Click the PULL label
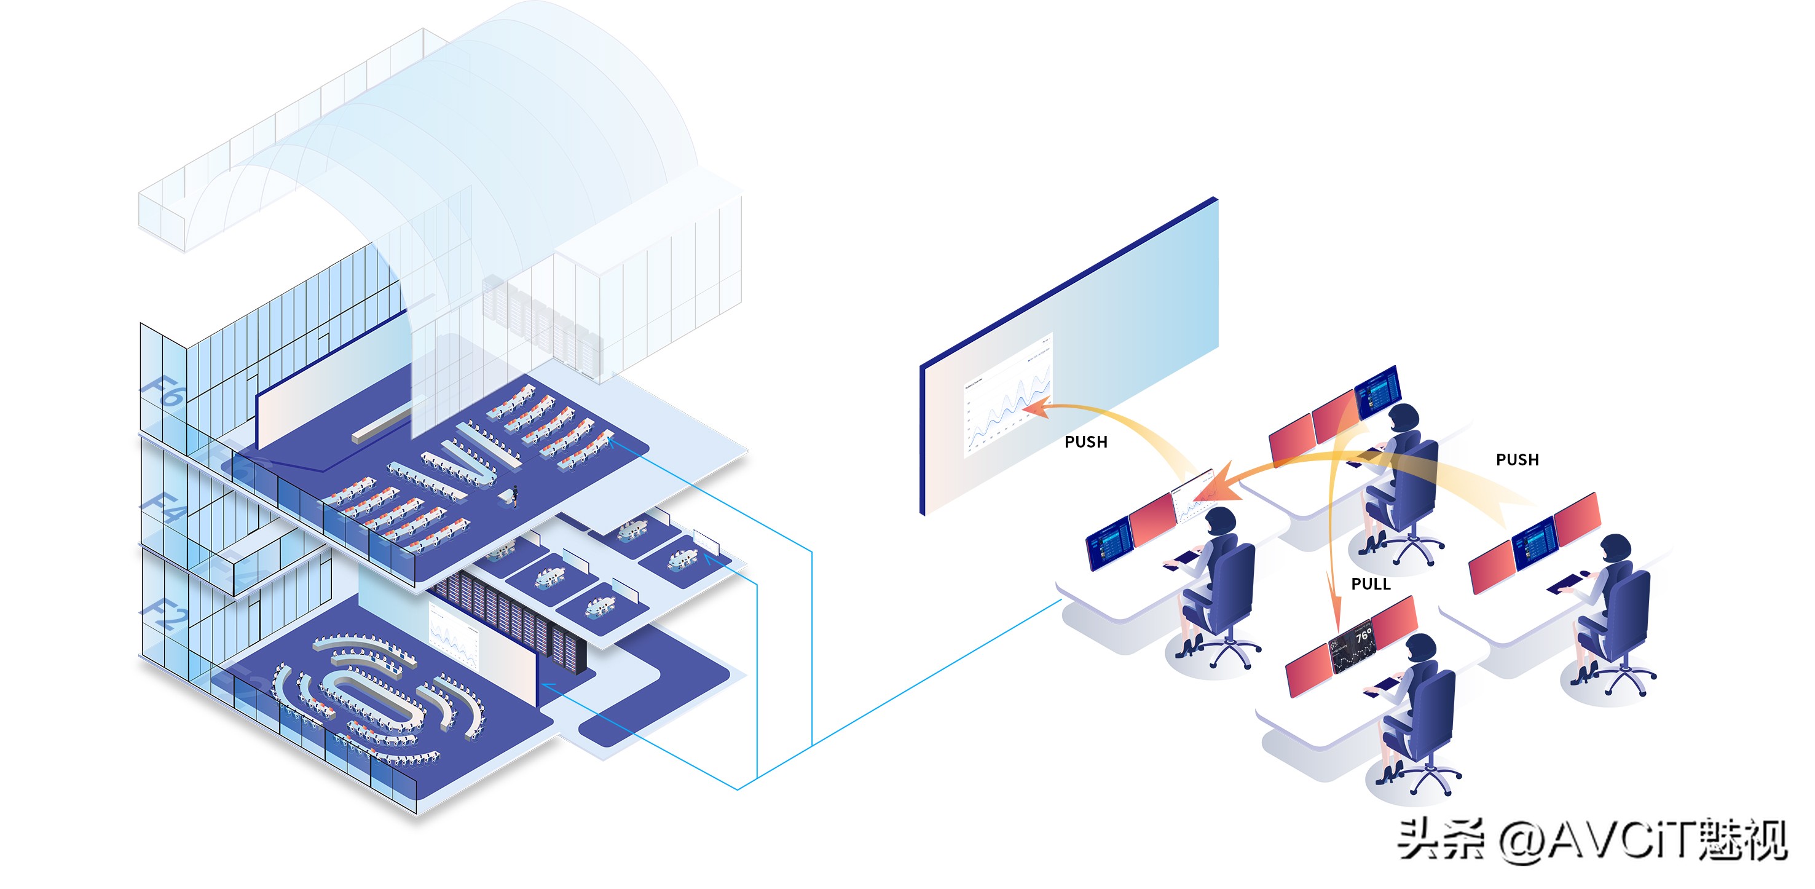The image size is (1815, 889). tap(1370, 583)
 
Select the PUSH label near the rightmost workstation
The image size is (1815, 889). tap(1517, 460)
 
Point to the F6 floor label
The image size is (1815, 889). tap(163, 392)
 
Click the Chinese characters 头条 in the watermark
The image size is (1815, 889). tap(1440, 840)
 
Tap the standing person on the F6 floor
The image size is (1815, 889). tap(515, 495)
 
